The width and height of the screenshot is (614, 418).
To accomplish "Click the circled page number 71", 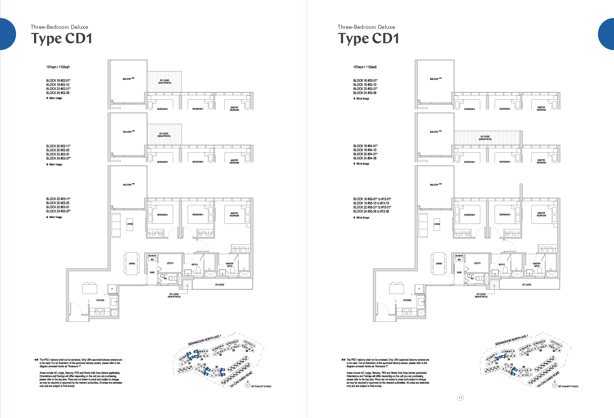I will [x=461, y=398].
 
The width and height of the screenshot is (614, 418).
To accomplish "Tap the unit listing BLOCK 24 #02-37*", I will [x=58, y=158].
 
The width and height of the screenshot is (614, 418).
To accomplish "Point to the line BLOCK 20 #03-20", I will [x=58, y=203].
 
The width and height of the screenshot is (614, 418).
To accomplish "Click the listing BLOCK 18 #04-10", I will [x=365, y=150].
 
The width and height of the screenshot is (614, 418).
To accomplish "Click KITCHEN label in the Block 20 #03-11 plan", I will [x=100, y=300].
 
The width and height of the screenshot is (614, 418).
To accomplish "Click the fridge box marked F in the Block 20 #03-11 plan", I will [x=112, y=289].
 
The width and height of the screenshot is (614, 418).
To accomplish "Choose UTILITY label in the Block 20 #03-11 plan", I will [x=170, y=263].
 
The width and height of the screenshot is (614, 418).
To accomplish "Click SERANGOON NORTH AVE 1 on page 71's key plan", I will [x=511, y=340].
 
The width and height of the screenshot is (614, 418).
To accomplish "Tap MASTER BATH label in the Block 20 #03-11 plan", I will [x=230, y=265].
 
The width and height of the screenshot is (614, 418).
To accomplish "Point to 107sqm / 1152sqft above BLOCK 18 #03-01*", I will [x=365, y=67].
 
